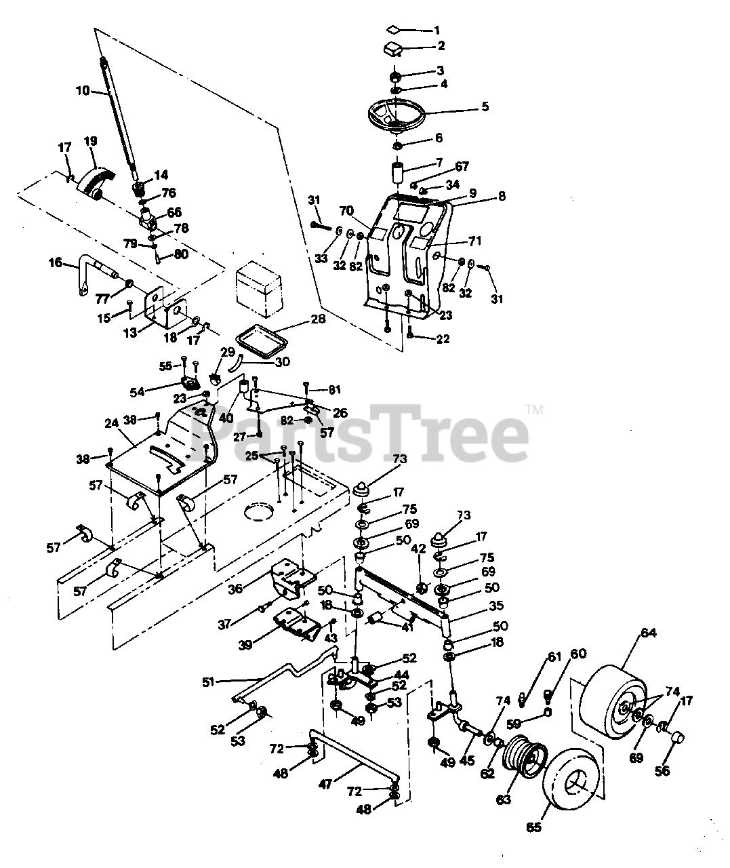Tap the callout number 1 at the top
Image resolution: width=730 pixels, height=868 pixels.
click(437, 30)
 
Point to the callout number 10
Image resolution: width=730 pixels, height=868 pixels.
click(82, 90)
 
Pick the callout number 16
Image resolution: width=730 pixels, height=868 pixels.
click(56, 262)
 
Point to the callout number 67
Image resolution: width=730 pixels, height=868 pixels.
click(462, 166)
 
